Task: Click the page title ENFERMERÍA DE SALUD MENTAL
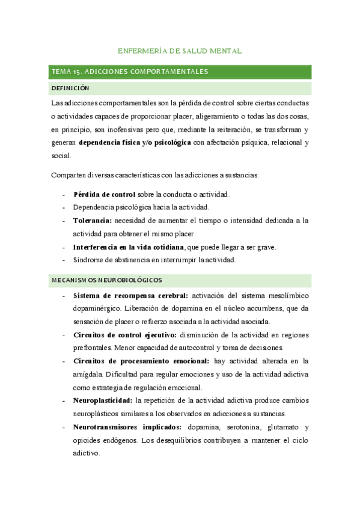pos(180,52)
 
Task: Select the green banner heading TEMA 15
pos(130,72)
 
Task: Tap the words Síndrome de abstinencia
pos(109,260)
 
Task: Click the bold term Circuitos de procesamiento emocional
pos(141,361)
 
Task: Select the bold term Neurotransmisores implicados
pos(127,426)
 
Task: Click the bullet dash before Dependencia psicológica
pos(64,207)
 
